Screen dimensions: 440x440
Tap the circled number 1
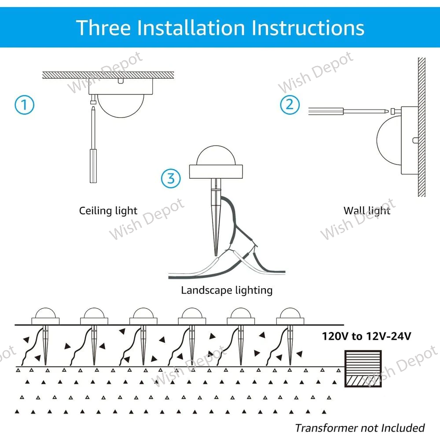tap(24, 105)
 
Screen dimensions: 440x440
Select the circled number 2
tap(290, 105)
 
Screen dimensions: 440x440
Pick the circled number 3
tap(171, 178)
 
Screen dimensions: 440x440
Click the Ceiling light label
tap(108, 211)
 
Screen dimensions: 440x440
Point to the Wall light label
tap(367, 210)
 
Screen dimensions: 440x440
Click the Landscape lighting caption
tap(227, 290)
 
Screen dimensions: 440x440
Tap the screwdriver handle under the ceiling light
tap(93, 166)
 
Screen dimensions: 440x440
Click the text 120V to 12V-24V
tap(367, 337)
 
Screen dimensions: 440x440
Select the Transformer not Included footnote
tap(359, 428)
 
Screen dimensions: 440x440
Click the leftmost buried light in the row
tap(45, 315)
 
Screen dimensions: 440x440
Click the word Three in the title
tap(103, 27)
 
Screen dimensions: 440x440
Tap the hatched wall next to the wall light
tap(421, 128)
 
